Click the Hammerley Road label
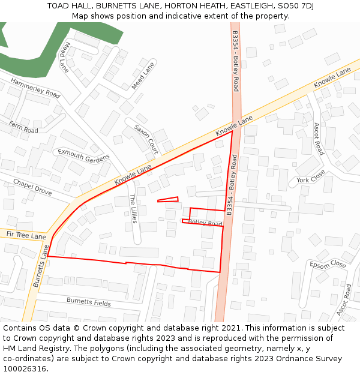(35, 88)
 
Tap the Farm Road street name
(23, 127)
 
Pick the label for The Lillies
(134, 208)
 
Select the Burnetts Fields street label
(88, 302)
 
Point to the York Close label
(310, 176)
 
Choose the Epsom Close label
(328, 264)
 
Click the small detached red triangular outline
(169, 200)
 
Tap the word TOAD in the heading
(58, 6)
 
